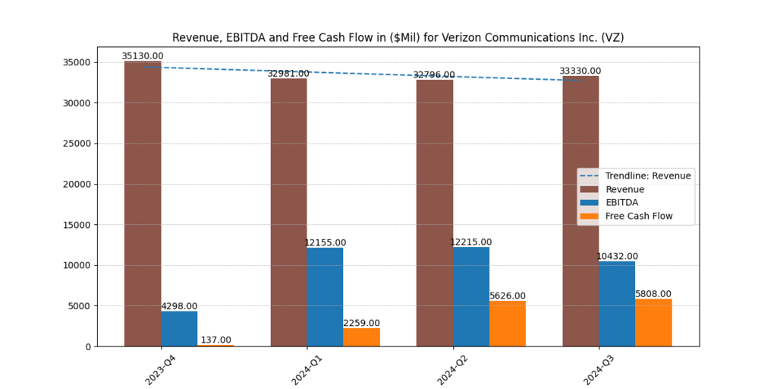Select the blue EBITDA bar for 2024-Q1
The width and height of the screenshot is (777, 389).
tap(325, 297)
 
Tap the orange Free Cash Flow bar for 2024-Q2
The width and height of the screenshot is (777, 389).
tap(508, 324)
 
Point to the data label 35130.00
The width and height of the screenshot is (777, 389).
tap(143, 56)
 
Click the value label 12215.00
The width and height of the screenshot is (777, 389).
tap(470, 242)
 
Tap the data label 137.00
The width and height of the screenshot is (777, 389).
tap(215, 340)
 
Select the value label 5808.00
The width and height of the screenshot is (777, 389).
tap(653, 294)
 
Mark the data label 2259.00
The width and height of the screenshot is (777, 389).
tap(361, 323)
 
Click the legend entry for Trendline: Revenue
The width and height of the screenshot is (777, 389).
tap(648, 176)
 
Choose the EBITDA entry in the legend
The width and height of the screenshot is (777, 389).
tap(621, 203)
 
